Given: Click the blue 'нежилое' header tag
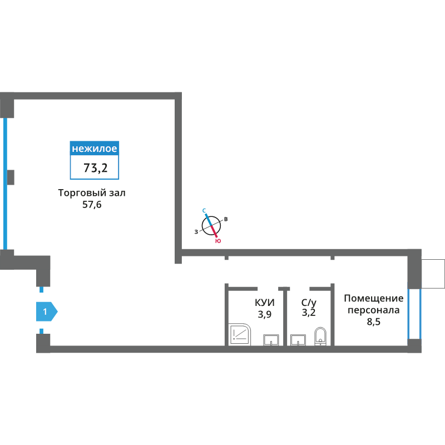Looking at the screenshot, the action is pyautogui.click(x=94, y=148).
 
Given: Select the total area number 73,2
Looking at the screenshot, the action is pyautogui.click(x=95, y=168).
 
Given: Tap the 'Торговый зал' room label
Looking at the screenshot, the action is pyautogui.click(x=92, y=193).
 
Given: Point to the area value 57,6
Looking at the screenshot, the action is pyautogui.click(x=92, y=204).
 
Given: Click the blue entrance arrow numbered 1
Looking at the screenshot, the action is pyautogui.click(x=47, y=311).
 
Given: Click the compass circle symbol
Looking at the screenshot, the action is pyautogui.click(x=211, y=226).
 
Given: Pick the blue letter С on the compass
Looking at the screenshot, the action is pyautogui.click(x=204, y=211).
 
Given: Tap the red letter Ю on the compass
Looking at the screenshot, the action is pyautogui.click(x=218, y=241).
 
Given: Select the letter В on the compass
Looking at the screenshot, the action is pyautogui.click(x=226, y=219).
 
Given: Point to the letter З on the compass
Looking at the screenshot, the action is pyautogui.click(x=196, y=232).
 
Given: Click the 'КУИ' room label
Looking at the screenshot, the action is pyautogui.click(x=265, y=303).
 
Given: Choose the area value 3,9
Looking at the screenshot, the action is pyautogui.click(x=265, y=314).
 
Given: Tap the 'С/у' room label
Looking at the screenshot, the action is pyautogui.click(x=309, y=303).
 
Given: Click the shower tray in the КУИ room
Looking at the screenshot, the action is pyautogui.click(x=240, y=335).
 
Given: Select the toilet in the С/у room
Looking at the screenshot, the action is pyautogui.click(x=320, y=337).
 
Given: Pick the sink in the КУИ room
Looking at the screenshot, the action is pyautogui.click(x=271, y=340).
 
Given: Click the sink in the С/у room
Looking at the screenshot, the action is pyautogui.click(x=298, y=340).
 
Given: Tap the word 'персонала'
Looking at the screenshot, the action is pyautogui.click(x=373, y=310).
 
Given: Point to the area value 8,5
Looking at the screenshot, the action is pyautogui.click(x=373, y=322).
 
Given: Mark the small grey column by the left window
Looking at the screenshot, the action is pyautogui.click(x=11, y=177).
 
